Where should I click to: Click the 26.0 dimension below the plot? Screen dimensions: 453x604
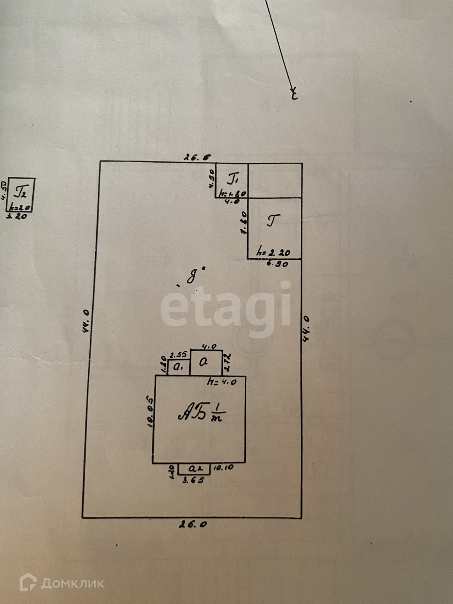pyautogui.click(x=193, y=524)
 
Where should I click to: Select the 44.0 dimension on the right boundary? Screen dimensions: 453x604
pyautogui.click(x=305, y=328)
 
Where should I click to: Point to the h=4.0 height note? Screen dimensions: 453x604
pyautogui.click(x=222, y=382)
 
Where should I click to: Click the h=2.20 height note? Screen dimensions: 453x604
pyautogui.click(x=273, y=252)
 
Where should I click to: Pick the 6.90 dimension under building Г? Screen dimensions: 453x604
pyautogui.click(x=277, y=264)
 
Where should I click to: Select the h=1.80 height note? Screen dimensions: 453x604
pyautogui.click(x=233, y=194)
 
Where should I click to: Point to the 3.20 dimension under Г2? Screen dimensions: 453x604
pyautogui.click(x=17, y=216)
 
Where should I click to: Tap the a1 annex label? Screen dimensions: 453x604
pyautogui.click(x=179, y=367)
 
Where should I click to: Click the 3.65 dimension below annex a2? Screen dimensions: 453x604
pyautogui.click(x=193, y=480)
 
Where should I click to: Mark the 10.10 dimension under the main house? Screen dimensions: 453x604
pyautogui.click(x=223, y=467)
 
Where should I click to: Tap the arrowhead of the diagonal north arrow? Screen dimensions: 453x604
pyautogui.click(x=294, y=91)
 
